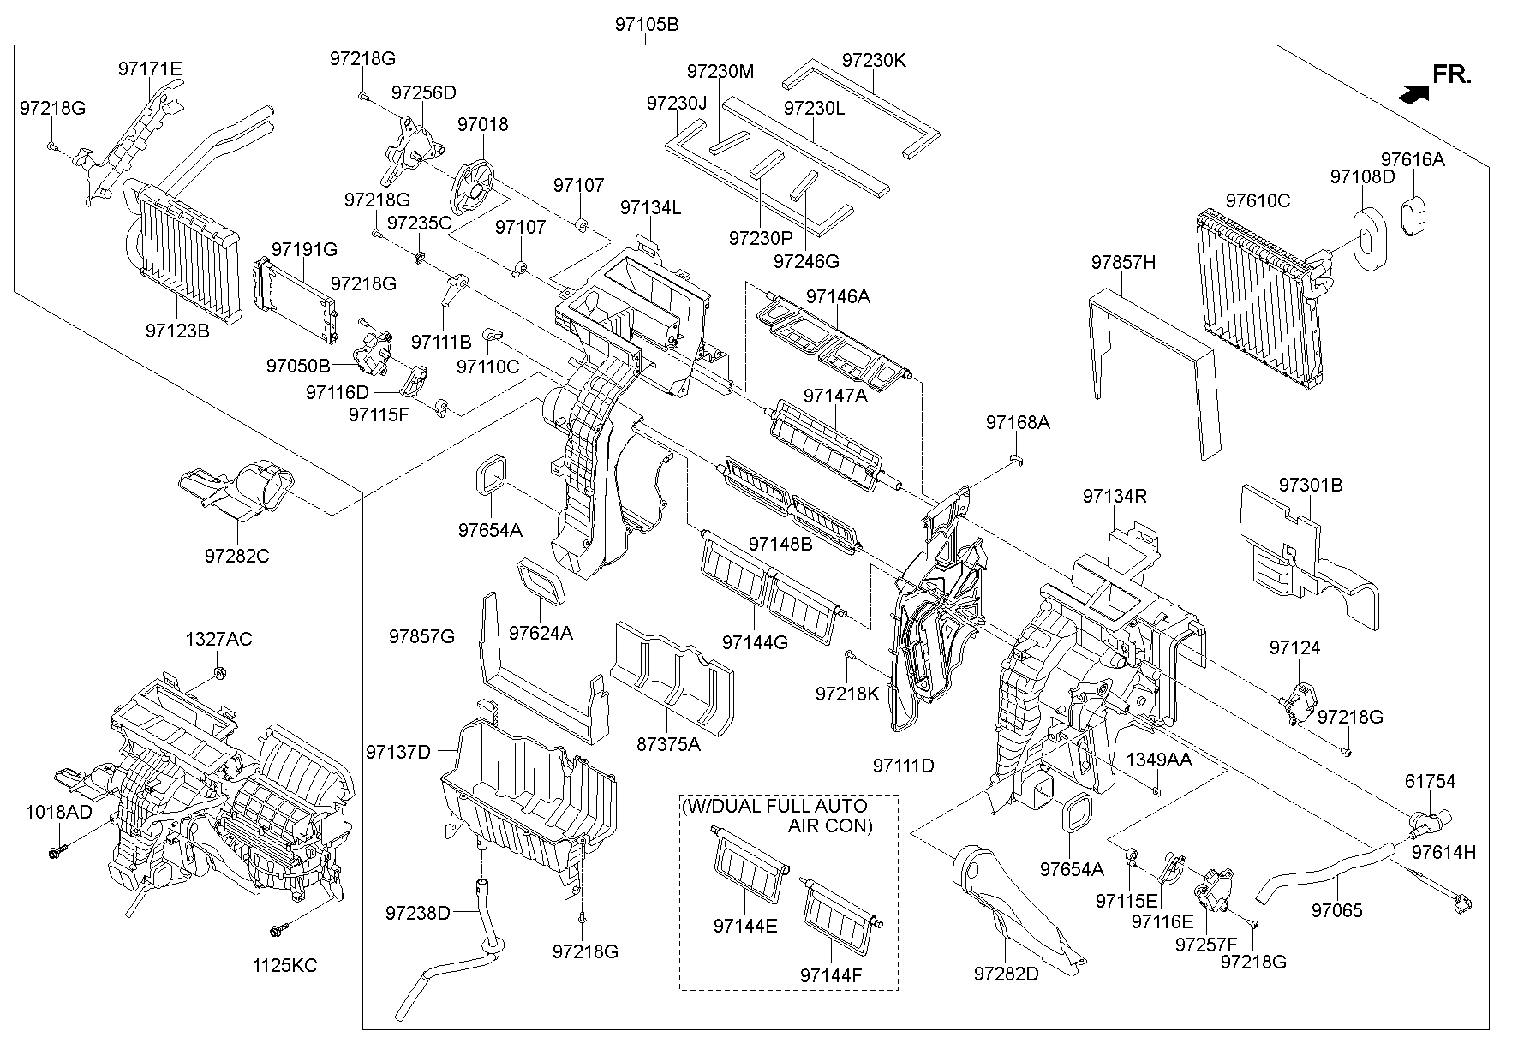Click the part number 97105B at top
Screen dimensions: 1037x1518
pyautogui.click(x=646, y=25)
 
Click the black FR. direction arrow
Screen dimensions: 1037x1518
pyautogui.click(x=1413, y=94)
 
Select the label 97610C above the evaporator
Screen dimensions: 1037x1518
pyautogui.click(x=1257, y=201)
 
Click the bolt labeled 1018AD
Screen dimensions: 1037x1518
pyautogui.click(x=57, y=852)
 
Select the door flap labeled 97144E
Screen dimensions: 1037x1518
pyautogui.click(x=745, y=861)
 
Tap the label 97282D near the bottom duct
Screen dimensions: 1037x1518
pyautogui.click(x=1005, y=974)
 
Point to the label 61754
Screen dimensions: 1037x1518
pyautogui.click(x=1430, y=781)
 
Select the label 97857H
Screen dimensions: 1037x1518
pyautogui.click(x=1123, y=263)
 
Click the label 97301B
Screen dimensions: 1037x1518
pyautogui.click(x=1310, y=485)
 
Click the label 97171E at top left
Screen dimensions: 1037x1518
pyautogui.click(x=150, y=69)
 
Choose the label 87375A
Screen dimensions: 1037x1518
pyautogui.click(x=668, y=744)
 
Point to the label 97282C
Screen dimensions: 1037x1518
pyautogui.click(x=236, y=556)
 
